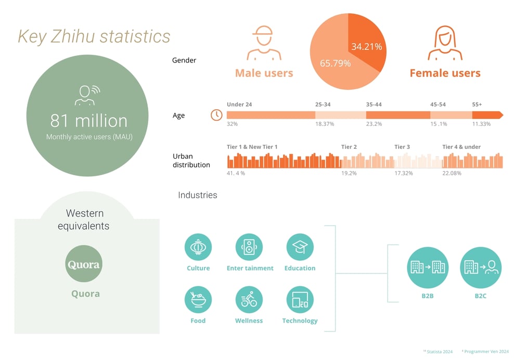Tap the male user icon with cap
pos(264,43)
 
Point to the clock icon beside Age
pos(216,115)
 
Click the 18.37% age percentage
pos(325,124)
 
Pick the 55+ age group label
pos(477,105)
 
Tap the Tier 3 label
pos(402,147)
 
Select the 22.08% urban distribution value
pos(452,173)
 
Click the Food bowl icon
pos(198,300)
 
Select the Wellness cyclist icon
pos(249,300)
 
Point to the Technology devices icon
pos(300,300)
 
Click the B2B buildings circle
pos(428,267)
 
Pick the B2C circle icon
pos(481,267)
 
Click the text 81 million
pos(89,121)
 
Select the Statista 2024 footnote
pos(439,352)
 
